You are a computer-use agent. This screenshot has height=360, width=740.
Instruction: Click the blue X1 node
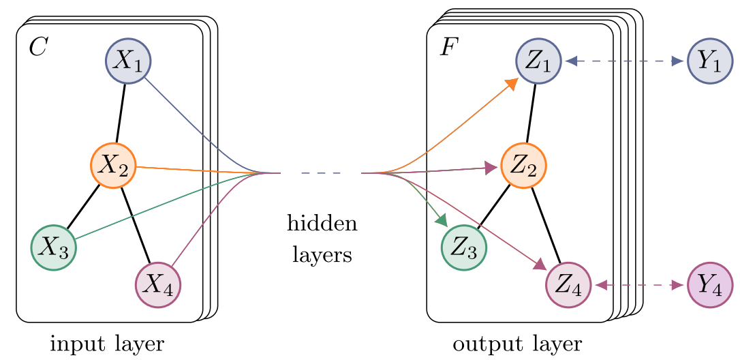tap(128, 61)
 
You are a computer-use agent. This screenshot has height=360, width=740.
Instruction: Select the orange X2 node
tap(113, 166)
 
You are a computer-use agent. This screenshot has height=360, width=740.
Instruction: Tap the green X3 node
tap(54, 247)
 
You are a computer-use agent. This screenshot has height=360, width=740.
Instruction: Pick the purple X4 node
tap(158, 285)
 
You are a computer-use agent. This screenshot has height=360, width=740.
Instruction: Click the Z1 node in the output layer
tap(538, 61)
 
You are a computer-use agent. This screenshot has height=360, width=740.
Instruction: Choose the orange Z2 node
tap(524, 166)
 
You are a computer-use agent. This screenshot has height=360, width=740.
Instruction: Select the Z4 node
tap(569, 285)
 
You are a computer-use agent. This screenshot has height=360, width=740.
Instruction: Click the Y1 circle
tap(710, 61)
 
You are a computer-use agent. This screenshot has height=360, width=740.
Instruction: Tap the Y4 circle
tap(710, 285)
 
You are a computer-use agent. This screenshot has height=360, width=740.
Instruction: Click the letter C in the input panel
tap(37, 47)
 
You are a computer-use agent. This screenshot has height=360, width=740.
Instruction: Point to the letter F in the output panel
tap(448, 47)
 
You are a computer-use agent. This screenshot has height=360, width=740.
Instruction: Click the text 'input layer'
tap(107, 344)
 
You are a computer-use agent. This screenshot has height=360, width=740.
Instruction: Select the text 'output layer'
tap(517, 344)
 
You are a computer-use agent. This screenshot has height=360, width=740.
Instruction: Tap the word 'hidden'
tap(322, 222)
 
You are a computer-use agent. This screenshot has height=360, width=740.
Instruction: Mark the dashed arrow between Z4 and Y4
tap(639, 285)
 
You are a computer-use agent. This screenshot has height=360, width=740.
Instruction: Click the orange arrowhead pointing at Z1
tap(511, 84)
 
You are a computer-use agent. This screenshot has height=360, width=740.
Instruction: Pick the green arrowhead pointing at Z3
tap(442, 220)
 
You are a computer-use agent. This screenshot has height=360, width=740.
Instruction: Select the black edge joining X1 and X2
tap(121, 113)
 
